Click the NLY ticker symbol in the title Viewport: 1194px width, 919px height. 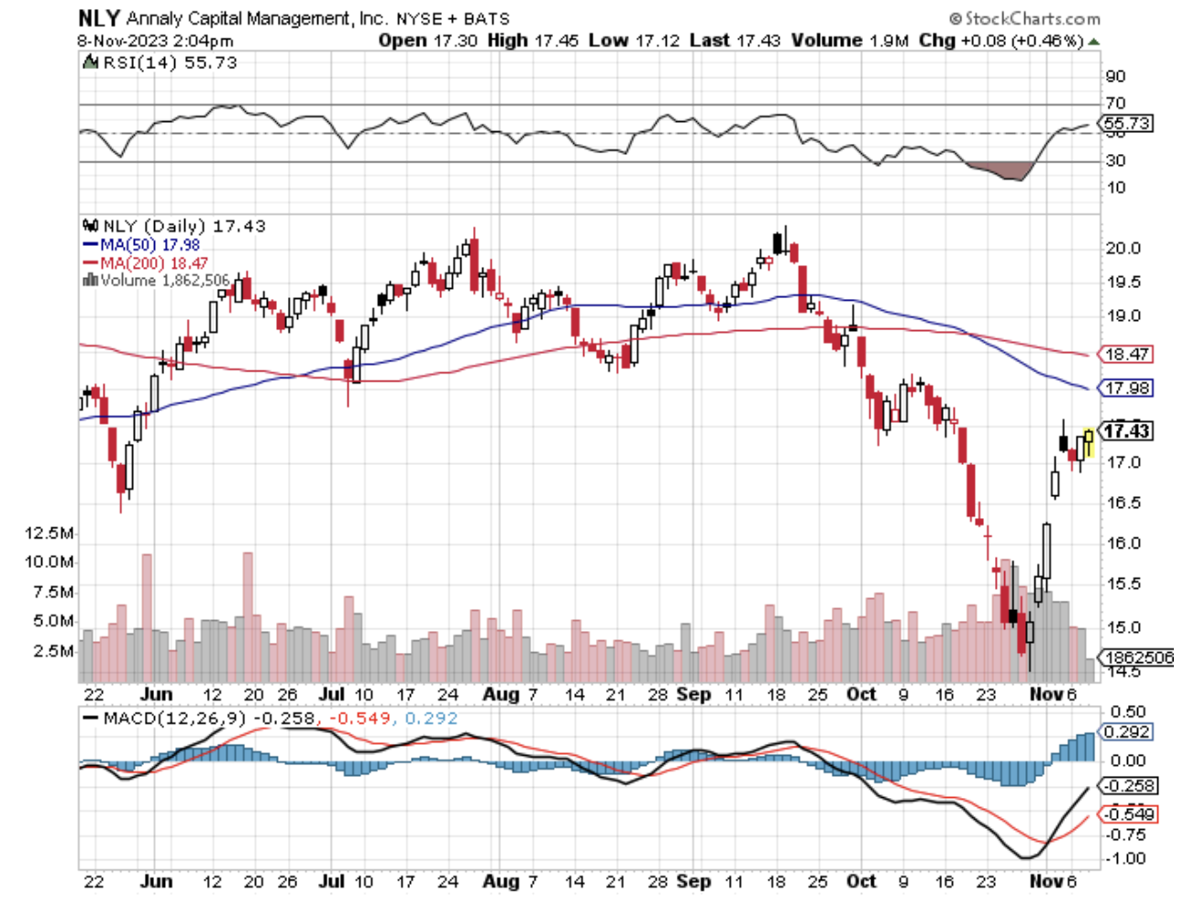99,17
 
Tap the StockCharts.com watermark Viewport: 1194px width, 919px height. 1025,18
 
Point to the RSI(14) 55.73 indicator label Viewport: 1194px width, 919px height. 160,62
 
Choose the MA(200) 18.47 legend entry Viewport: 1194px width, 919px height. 145,263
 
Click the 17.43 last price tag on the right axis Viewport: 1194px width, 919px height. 1126,431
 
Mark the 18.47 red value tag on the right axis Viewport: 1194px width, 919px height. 1126,354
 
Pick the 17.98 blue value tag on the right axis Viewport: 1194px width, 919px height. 1126,388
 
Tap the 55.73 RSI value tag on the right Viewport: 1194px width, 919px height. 1126,123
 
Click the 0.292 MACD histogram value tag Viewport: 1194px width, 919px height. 1126,732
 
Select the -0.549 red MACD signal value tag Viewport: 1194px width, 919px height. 1128,814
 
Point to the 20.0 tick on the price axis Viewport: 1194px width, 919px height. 1122,248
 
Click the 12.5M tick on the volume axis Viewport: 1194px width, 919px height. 50,533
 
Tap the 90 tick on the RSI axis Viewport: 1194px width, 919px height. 1115,76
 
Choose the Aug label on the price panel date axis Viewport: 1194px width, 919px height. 501,694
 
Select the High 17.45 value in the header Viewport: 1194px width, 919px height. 533,40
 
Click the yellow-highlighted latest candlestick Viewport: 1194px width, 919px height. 1089,441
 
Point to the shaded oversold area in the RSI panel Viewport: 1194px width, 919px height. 1000,171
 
